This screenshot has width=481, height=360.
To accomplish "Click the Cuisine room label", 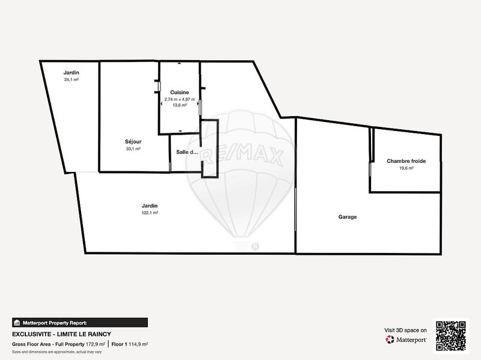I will [x=180, y=92].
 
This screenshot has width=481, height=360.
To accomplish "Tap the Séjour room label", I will [x=133, y=142].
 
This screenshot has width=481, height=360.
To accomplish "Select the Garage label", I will [x=347, y=217].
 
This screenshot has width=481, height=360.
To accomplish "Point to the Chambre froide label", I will [x=406, y=161].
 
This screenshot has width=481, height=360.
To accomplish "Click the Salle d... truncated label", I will [x=187, y=152].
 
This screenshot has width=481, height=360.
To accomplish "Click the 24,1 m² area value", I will [x=72, y=79].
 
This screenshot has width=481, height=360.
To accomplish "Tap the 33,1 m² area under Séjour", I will [x=133, y=148].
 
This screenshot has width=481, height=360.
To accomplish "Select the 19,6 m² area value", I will [x=406, y=168].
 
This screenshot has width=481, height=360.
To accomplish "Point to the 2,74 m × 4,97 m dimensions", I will [x=180, y=99].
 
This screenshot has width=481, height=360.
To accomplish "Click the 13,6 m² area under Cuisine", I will [x=180, y=105].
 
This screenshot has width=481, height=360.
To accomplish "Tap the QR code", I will [x=451, y=335].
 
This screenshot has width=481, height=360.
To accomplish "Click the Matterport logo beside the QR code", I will [x=406, y=340].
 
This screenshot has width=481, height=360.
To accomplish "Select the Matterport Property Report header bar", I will [x=80, y=322].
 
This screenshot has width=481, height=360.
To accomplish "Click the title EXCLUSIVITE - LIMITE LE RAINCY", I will [x=62, y=334].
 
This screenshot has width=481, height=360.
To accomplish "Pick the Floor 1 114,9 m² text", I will [x=130, y=344].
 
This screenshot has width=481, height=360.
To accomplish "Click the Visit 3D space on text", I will [x=405, y=330].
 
